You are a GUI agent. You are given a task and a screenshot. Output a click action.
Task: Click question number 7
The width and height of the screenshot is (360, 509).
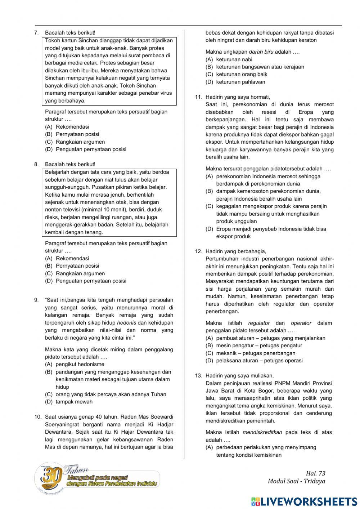[x=36, y=33]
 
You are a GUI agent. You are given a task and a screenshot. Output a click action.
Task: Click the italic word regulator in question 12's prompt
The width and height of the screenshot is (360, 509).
[x=259, y=323]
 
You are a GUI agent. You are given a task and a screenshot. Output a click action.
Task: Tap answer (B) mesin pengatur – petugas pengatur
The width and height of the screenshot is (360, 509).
[x=259, y=345]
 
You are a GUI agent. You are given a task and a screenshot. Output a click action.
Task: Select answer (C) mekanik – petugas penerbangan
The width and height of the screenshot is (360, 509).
[x=256, y=353]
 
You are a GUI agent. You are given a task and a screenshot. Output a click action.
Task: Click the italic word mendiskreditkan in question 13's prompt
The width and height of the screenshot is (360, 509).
[x=262, y=432]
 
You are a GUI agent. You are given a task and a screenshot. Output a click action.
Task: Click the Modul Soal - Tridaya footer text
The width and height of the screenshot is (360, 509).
[x=296, y=481]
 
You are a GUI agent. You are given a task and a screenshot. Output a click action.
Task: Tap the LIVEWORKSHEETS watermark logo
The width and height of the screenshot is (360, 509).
[x=304, y=501]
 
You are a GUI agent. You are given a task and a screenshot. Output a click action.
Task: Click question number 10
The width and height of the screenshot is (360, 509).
[x=38, y=417]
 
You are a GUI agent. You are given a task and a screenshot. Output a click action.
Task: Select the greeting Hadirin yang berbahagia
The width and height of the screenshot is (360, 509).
[x=235, y=251]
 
